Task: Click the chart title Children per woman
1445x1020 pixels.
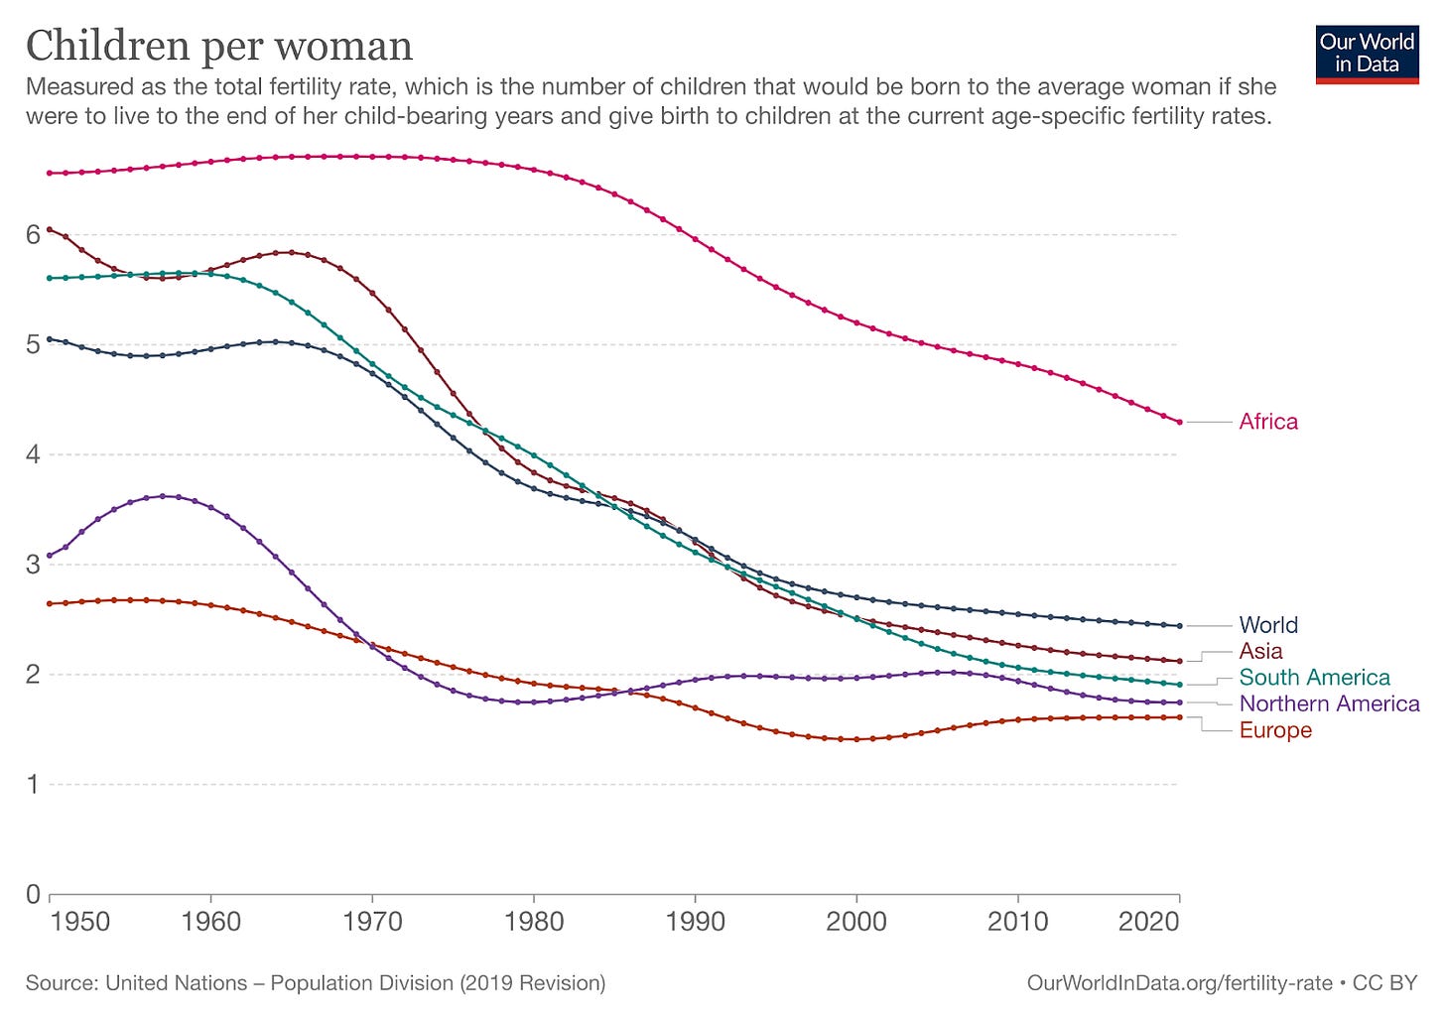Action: (x=218, y=47)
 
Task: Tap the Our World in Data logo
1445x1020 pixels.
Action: (x=1367, y=54)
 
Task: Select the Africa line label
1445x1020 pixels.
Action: (x=1267, y=422)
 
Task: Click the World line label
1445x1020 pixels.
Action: (x=1267, y=625)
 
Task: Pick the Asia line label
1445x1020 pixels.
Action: (x=1260, y=651)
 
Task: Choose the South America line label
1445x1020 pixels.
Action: (x=1314, y=678)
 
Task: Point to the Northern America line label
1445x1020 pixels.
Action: (x=1329, y=703)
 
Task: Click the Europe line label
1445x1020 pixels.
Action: (x=1275, y=730)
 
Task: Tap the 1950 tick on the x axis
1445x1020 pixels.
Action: (x=80, y=922)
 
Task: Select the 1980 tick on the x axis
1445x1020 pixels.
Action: (x=533, y=922)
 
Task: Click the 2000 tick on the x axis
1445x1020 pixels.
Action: (x=855, y=922)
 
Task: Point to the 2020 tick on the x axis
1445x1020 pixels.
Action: (x=1148, y=922)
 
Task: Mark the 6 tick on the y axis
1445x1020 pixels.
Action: (x=33, y=235)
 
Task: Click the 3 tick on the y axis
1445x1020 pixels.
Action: (x=33, y=565)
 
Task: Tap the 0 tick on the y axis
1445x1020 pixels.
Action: (x=33, y=894)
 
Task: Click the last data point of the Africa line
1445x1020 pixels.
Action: (x=1179, y=423)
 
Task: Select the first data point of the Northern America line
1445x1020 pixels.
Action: (x=50, y=556)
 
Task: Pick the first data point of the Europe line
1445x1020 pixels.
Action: (x=50, y=603)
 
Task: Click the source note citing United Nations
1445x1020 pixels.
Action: (x=316, y=983)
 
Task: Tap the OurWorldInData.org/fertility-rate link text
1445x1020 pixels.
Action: (x=1179, y=983)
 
